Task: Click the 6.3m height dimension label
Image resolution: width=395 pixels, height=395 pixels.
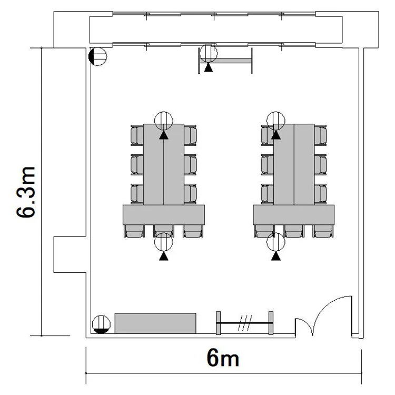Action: (26, 192)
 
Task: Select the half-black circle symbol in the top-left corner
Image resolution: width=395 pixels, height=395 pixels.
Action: (98, 56)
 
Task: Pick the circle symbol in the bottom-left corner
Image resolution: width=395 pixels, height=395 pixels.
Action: (101, 324)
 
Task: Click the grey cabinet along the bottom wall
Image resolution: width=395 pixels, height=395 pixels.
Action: (155, 323)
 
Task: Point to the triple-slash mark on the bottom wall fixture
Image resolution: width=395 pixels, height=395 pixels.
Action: (245, 323)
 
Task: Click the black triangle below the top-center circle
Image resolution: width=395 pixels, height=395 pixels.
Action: (209, 68)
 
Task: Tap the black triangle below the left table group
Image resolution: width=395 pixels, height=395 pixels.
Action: (164, 256)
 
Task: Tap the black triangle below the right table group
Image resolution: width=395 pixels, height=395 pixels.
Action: (276, 256)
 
